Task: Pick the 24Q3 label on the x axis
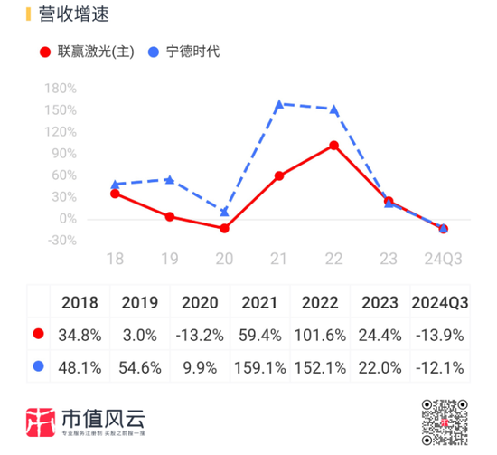click(x=444, y=259)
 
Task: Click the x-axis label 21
click(x=279, y=259)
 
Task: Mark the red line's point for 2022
click(x=334, y=145)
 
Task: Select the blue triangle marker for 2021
click(x=279, y=104)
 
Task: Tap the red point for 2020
click(x=224, y=228)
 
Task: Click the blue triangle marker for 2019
click(x=169, y=179)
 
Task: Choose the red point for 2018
click(x=115, y=194)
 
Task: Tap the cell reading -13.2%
click(x=200, y=335)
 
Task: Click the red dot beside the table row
click(x=38, y=335)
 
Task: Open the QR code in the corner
click(x=445, y=422)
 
